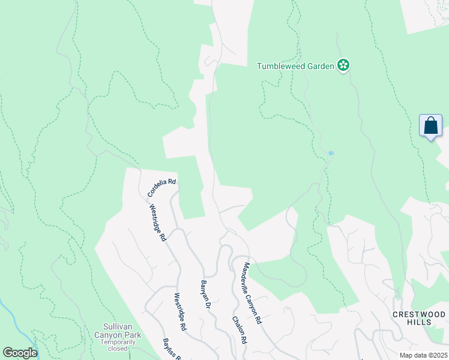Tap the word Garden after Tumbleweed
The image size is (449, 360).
(320, 66)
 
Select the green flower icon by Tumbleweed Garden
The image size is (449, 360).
(343, 65)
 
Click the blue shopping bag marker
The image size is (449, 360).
(430, 126)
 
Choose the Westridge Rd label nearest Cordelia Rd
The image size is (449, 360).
(157, 223)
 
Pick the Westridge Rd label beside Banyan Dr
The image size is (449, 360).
(179, 312)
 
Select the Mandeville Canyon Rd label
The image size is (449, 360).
(253, 293)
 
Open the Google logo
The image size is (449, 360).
(20, 352)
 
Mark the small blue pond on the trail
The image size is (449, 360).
(330, 153)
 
